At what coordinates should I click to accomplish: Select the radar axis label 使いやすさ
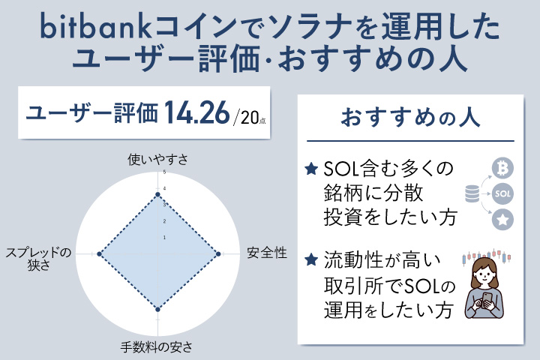[x=157, y=159]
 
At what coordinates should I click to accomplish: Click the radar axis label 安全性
[x=267, y=253]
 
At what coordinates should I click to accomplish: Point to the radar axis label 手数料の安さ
[x=157, y=346]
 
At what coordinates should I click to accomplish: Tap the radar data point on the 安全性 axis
[x=217, y=255]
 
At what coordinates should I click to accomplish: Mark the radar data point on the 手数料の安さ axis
[x=157, y=308]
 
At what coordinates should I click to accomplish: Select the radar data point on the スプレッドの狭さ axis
[x=99, y=255]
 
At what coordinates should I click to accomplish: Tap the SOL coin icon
[x=503, y=194]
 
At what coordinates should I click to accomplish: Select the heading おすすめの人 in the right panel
[x=406, y=118]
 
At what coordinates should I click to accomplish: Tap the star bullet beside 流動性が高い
[x=312, y=261]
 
